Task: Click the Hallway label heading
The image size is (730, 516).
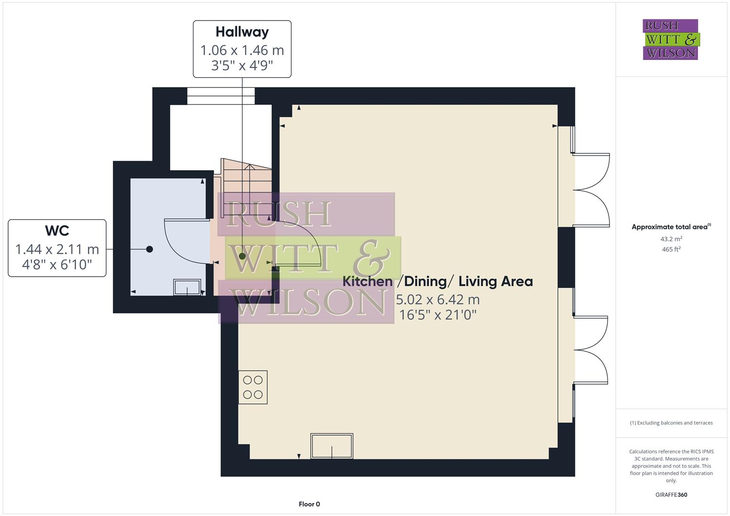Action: [x=242, y=32]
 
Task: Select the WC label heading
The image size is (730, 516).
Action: [x=57, y=231]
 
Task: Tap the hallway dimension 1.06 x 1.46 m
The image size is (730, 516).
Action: [x=242, y=50]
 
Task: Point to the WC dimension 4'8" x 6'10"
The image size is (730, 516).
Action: [x=57, y=264]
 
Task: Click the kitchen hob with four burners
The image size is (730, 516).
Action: [x=253, y=387]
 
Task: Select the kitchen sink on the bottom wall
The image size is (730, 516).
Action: [x=332, y=446]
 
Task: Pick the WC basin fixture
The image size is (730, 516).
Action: [x=187, y=287]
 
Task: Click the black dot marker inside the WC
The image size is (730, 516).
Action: [x=150, y=249]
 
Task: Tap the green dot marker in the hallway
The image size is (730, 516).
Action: [x=242, y=257]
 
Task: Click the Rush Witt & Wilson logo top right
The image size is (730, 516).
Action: [x=670, y=40]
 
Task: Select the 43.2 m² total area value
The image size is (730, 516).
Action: [x=671, y=239]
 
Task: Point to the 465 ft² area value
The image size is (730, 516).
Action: [x=671, y=249]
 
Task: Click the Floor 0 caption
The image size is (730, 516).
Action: [x=309, y=504]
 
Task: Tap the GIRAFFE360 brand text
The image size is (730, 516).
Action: [x=671, y=494]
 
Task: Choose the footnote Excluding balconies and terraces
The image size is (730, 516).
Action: [x=671, y=423]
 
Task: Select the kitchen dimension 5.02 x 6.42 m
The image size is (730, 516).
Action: [x=437, y=300]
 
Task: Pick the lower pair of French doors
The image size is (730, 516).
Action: [x=591, y=350]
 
